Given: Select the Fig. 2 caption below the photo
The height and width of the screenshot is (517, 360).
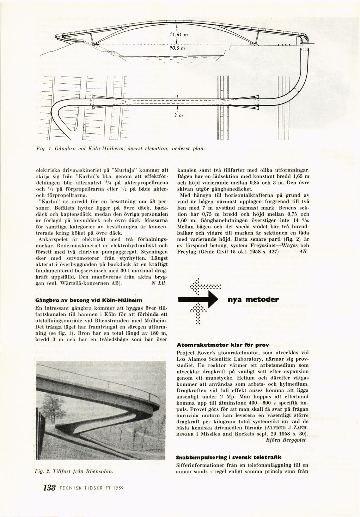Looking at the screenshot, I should tap(74, 471).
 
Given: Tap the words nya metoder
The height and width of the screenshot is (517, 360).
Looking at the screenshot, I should tap(254, 299).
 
